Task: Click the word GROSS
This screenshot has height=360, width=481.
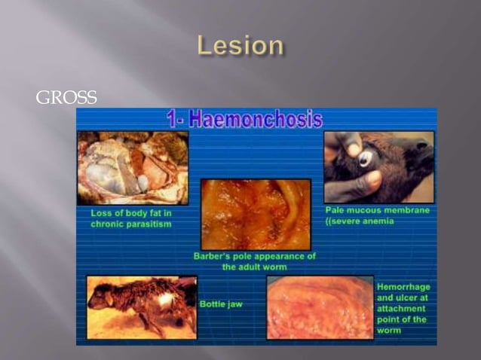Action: [66, 97]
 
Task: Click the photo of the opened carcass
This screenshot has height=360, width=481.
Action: [132, 167]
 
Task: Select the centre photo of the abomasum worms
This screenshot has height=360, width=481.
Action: [255, 214]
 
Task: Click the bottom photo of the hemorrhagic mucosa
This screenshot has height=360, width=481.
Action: [320, 307]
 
